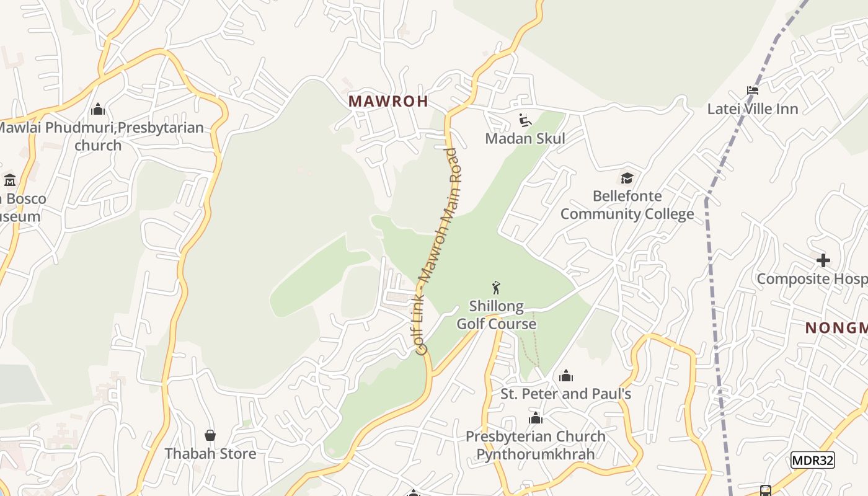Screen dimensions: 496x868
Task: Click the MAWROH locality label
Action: tap(388, 101)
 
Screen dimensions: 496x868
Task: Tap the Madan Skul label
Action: tap(525, 138)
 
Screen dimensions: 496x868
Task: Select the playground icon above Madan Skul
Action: tap(525, 120)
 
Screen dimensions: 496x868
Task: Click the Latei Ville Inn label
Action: tap(753, 109)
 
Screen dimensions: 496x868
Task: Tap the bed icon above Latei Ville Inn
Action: tap(753, 91)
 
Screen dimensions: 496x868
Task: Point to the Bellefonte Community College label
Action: tap(627, 205)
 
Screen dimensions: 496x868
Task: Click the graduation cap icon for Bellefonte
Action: tap(627, 179)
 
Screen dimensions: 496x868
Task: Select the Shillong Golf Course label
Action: tap(496, 315)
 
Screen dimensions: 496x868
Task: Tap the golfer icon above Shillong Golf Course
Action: tap(495, 288)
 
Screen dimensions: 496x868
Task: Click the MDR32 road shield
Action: tap(813, 460)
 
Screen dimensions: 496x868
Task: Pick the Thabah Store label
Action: tap(210, 454)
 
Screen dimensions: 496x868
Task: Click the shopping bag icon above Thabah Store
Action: tap(210, 435)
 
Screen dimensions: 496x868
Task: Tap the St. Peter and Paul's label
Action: tap(565, 394)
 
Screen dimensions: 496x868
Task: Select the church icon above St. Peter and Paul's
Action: tap(565, 376)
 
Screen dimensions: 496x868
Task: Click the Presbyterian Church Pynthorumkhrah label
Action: tap(536, 445)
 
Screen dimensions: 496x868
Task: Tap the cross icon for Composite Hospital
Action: tap(823, 260)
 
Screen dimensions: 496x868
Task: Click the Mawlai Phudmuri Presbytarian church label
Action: tap(99, 136)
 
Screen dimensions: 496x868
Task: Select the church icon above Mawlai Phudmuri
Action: tap(98, 110)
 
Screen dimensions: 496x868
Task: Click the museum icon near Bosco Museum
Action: tap(10, 180)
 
